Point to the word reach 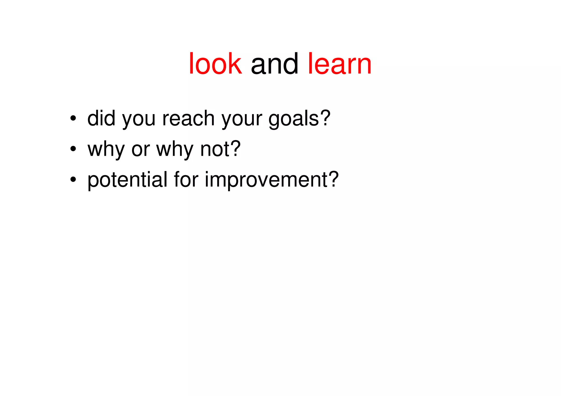click(188, 118)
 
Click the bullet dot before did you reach click(73, 118)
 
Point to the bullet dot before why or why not click(73, 149)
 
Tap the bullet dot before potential click(73, 180)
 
